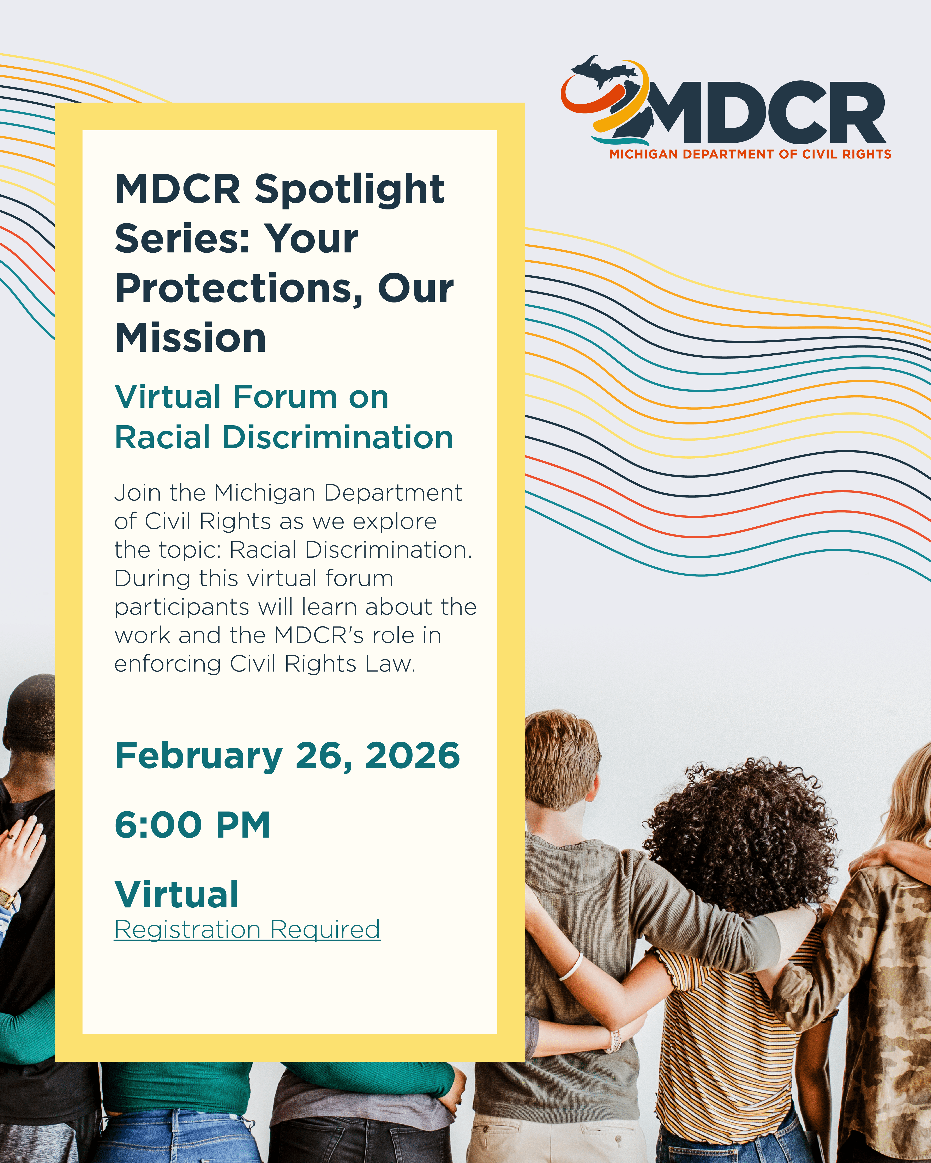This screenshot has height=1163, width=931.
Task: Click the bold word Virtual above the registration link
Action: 176,894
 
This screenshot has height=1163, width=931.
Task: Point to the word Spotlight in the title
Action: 350,190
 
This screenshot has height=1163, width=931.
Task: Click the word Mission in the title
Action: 191,338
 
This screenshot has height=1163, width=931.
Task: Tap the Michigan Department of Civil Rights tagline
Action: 750,154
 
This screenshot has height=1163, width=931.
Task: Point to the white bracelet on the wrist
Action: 570,967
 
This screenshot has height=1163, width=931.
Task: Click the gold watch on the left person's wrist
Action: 8,897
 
